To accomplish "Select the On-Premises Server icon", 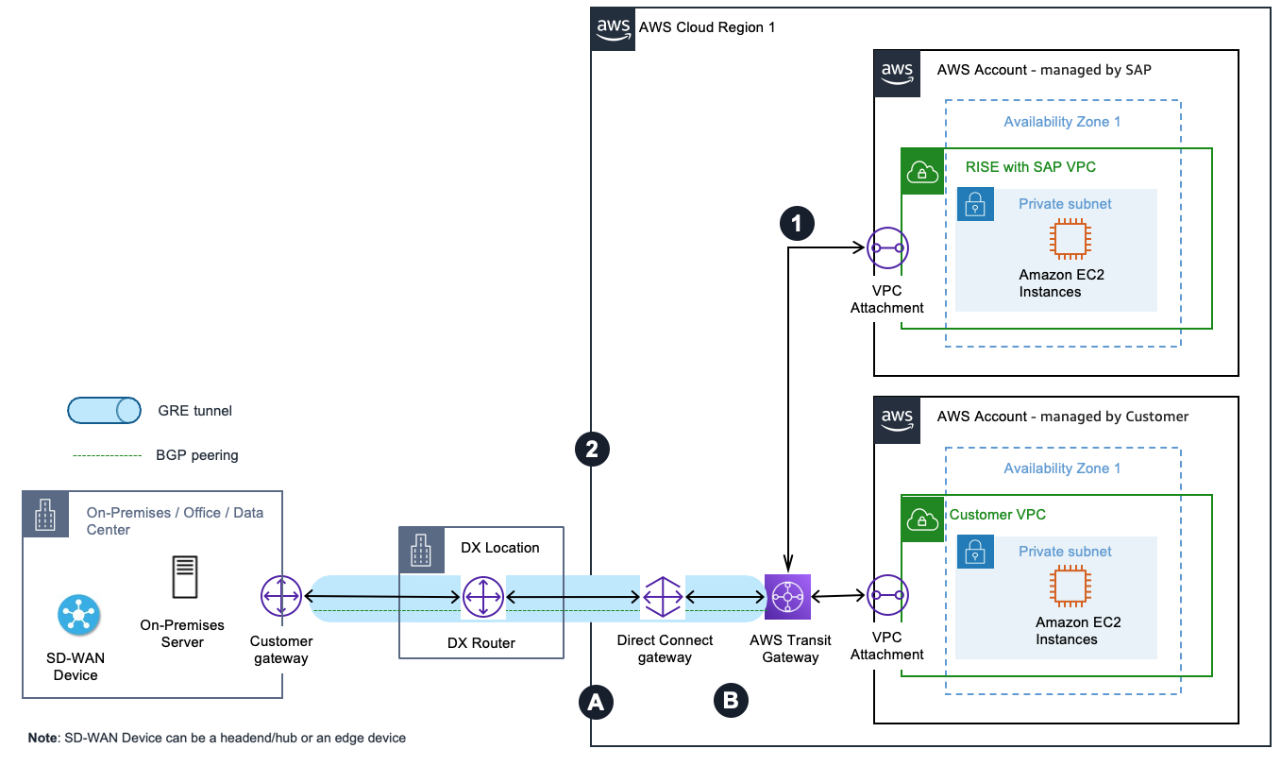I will (184, 577).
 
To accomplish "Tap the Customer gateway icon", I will (280, 596).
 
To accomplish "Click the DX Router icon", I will (483, 597).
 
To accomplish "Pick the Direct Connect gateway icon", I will (663, 597).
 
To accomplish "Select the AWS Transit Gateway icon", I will (788, 596).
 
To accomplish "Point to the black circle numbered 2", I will (593, 450).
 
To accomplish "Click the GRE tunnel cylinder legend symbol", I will (105, 411).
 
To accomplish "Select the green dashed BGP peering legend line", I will (107, 455).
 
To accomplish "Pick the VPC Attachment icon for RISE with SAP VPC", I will (886, 248).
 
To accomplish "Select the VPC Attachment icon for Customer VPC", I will (886, 595).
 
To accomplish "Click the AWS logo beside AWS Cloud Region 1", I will (614, 28).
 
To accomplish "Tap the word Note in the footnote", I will (42, 738).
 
